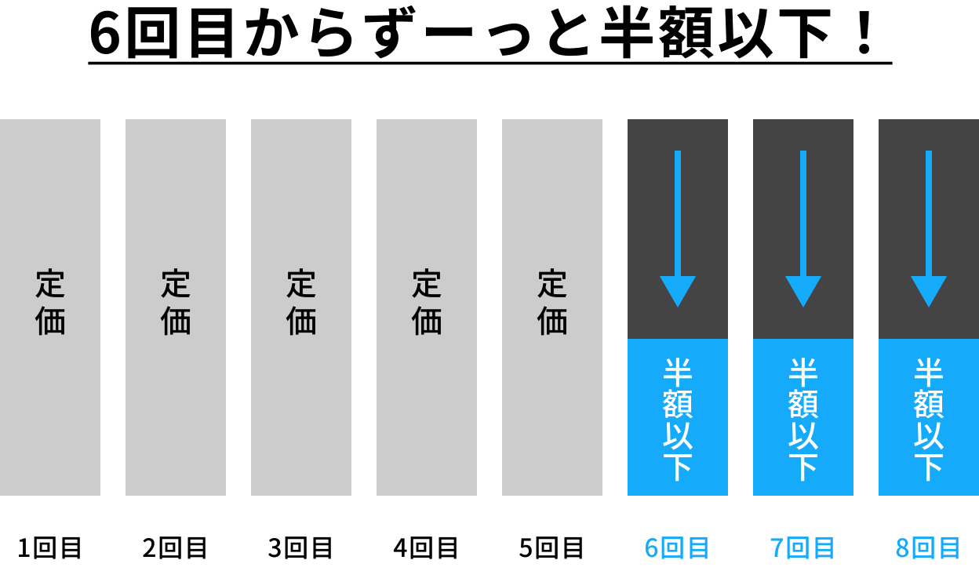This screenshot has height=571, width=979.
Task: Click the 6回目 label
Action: (677, 547)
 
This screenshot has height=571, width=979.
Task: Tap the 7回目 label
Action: (802, 547)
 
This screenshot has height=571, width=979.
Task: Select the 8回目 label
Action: (928, 547)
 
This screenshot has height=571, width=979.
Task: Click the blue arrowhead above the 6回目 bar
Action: (678, 290)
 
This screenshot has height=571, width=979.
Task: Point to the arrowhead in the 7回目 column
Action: (803, 290)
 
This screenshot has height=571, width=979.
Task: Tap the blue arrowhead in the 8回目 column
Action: (929, 290)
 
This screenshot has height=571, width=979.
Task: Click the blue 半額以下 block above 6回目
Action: (678, 417)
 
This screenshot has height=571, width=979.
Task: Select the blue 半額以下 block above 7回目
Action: (803, 417)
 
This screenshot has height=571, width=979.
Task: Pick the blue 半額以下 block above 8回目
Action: (929, 417)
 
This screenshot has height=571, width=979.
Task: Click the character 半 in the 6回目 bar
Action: (678, 371)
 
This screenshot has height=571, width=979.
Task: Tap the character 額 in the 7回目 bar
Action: (803, 403)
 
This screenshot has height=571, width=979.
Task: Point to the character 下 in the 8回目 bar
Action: (929, 467)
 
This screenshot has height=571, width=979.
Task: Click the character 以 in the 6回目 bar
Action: (678, 435)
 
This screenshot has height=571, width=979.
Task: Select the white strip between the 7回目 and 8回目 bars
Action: (866, 424)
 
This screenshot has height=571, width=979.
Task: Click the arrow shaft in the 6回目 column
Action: (678, 212)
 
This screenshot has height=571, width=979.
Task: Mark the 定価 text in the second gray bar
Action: (176, 303)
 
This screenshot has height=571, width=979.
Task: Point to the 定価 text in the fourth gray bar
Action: (427, 303)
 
